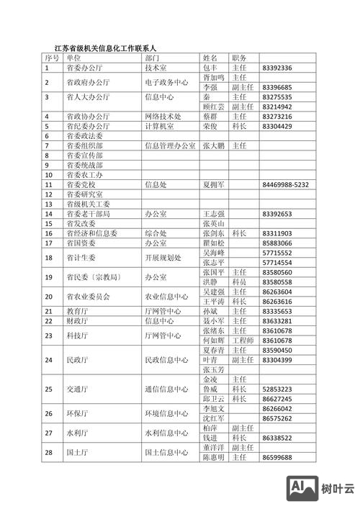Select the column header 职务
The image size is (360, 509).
tap(240, 58)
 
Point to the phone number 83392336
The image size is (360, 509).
tap(277, 68)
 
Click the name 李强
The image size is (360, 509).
tap(210, 87)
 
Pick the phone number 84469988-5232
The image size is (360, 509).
tap(286, 184)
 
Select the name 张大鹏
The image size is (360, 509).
tap(214, 145)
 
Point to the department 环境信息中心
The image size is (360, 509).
tap(166, 413)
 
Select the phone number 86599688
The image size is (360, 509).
tap(277, 457)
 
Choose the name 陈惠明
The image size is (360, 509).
tap(214, 457)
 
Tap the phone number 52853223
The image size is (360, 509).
tap(277, 389)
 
